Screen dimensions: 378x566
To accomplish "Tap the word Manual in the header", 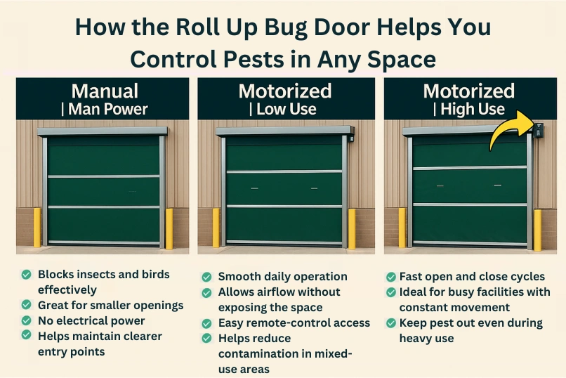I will pos(104,91).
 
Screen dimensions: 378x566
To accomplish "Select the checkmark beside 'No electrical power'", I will pos(26,321).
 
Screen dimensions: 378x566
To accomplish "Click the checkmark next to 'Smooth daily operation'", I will pos(206,277).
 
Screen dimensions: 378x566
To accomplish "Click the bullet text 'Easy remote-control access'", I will pos(294,323).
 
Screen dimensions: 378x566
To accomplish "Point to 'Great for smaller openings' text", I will pos(110,305).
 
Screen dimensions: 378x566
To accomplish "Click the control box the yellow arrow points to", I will pos(538,130).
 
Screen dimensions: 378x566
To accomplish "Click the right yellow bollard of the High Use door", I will pos(537,229).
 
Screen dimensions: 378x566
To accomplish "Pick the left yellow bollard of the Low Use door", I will pos(216,227).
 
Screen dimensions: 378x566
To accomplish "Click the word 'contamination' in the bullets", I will pos(252,353).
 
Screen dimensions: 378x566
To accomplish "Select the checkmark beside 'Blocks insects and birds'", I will pos(26,275).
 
